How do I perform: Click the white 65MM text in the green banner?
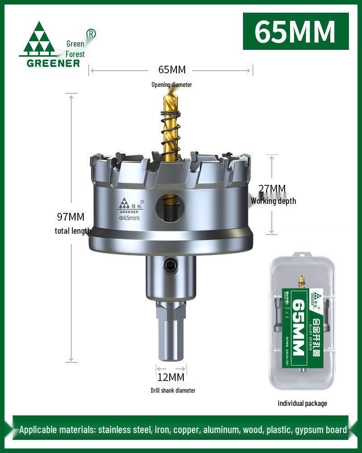295,32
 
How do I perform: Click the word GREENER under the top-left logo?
53,63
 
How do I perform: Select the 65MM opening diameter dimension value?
171,70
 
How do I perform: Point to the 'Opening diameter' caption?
171,85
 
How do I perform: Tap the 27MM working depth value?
271,188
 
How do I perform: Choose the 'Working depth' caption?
273,201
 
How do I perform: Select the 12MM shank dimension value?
171,377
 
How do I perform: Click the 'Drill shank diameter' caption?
173,390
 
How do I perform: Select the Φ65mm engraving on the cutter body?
129,218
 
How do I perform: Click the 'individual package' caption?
302,403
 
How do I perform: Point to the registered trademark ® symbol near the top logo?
90,33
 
